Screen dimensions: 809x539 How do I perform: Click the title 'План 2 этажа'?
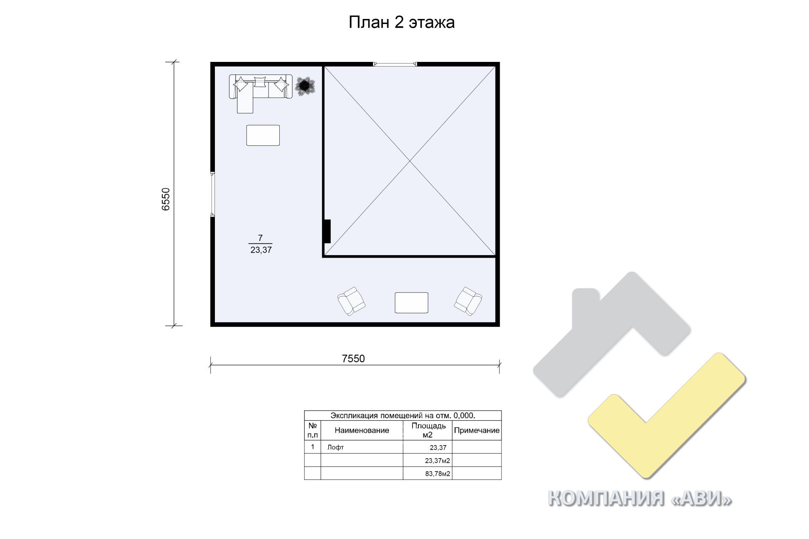402,22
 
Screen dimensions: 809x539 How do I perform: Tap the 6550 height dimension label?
166,199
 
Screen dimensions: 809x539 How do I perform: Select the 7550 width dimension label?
353,358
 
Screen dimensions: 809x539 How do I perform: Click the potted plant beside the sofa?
305,86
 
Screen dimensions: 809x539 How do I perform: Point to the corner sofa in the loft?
260,91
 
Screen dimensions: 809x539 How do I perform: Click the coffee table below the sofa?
263,135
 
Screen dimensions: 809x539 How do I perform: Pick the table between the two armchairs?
411,303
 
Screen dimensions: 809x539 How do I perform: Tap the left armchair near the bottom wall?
351,301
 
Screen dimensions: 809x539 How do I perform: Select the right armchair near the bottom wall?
468,301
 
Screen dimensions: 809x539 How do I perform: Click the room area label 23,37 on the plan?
261,250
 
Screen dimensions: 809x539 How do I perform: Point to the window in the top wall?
395,64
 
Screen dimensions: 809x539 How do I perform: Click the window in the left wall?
213,194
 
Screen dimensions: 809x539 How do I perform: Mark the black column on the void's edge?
327,231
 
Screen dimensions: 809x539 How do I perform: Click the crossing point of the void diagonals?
410,161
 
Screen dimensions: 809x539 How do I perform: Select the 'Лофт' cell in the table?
335,447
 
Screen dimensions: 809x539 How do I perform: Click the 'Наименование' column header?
362,430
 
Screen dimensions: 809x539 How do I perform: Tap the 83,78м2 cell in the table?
437,474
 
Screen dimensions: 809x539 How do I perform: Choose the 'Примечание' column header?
477,430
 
